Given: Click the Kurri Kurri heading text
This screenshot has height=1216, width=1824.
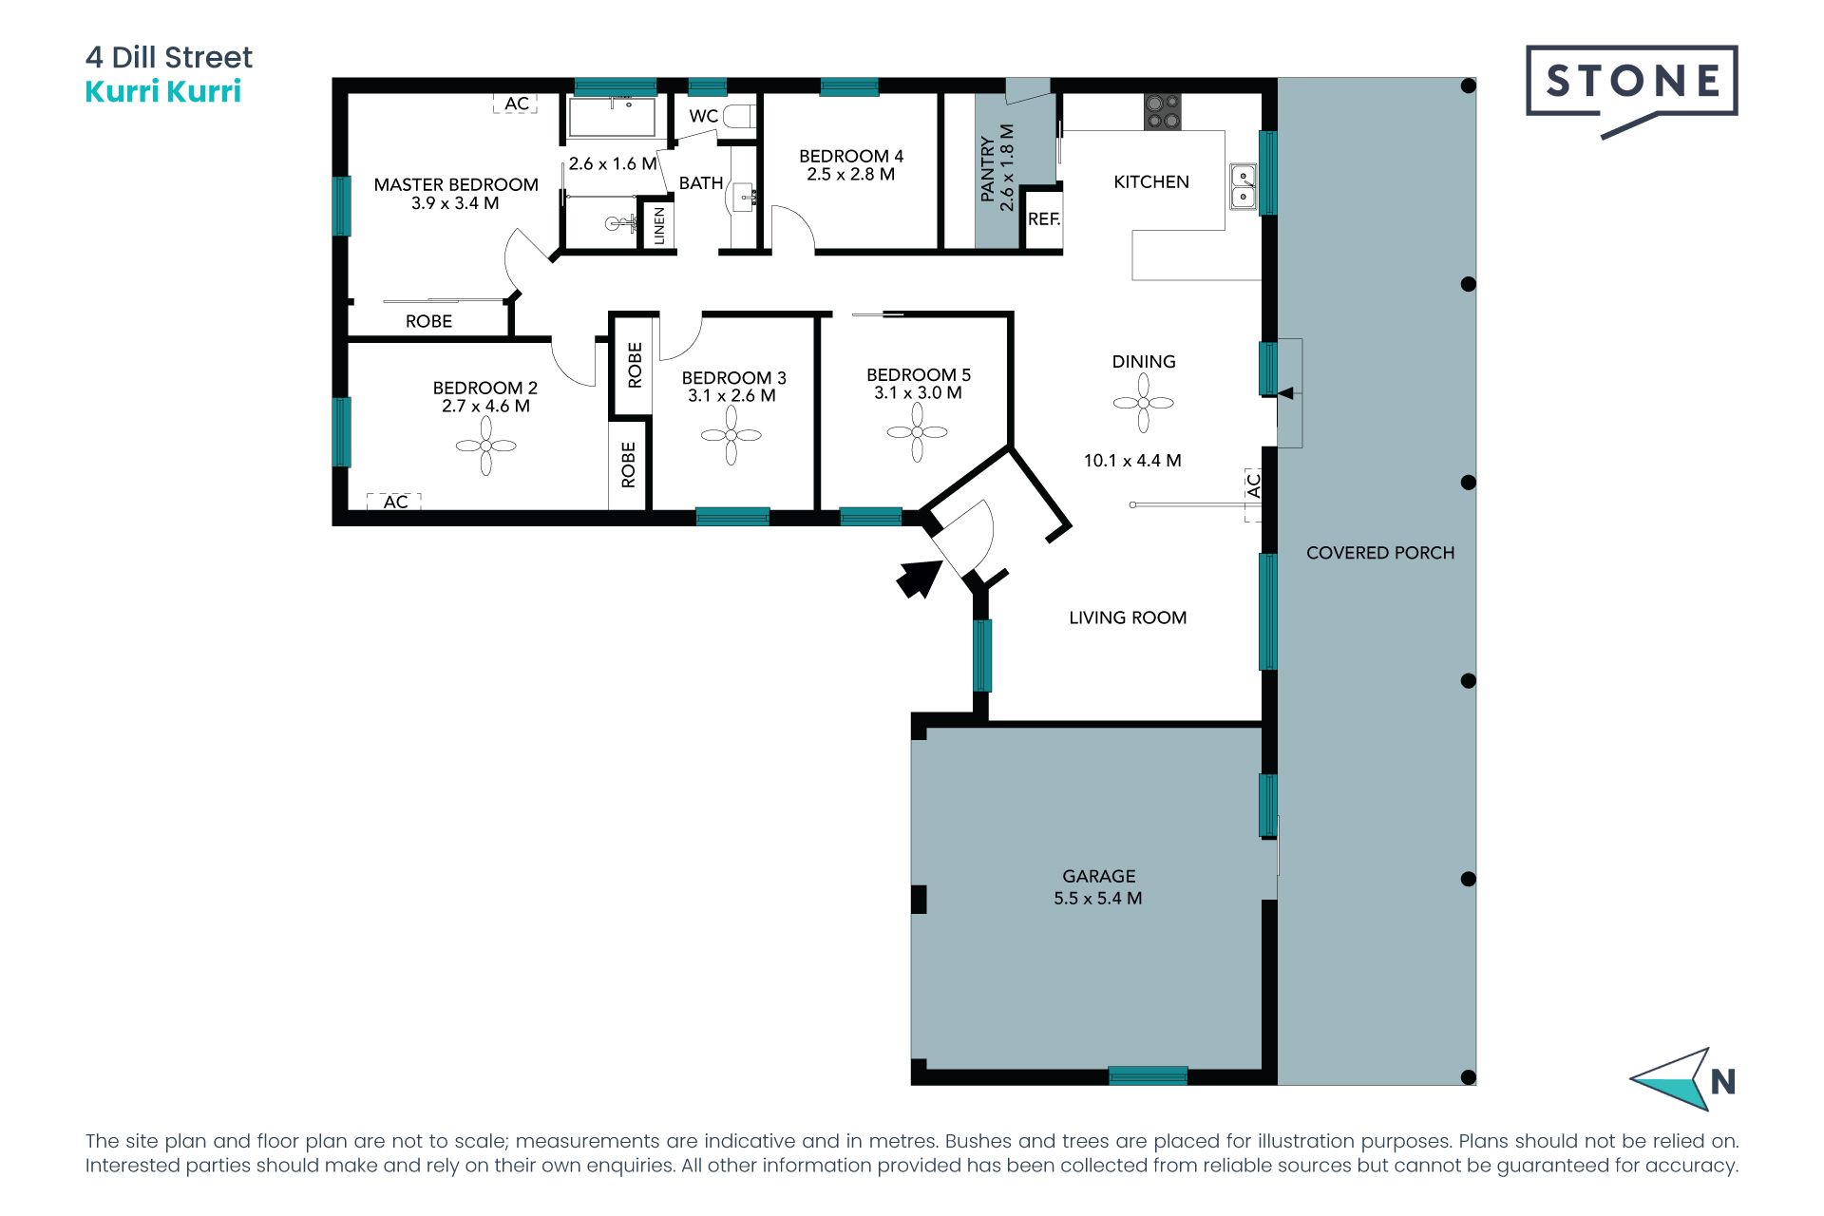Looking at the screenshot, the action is point(163,92).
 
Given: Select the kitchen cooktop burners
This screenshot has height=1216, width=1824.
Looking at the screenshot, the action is point(1162,112).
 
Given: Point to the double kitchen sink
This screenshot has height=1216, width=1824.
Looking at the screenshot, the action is point(1243,186).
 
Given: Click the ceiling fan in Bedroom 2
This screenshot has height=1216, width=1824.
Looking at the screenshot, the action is point(485,446).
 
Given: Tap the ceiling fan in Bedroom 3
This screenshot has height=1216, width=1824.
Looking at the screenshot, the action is point(731,435).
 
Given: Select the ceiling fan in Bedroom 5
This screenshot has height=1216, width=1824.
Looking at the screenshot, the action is point(917,432).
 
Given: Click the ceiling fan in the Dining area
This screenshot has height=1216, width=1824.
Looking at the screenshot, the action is point(1144,403).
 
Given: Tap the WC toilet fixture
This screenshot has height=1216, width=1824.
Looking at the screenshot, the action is point(739,117).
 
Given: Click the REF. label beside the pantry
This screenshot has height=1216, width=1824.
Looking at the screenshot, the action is point(1044,219).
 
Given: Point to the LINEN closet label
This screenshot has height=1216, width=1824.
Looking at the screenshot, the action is point(659,226).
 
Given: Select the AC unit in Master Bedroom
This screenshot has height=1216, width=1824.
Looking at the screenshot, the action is point(516,104).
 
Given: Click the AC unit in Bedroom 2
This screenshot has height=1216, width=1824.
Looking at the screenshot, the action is point(395,502).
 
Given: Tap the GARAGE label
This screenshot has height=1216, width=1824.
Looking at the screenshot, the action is point(1099,876).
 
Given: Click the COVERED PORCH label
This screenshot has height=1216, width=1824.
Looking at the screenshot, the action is point(1380,553).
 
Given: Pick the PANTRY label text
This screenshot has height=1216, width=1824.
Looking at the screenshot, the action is point(988,168).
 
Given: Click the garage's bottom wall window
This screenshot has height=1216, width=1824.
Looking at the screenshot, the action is point(1148,1075).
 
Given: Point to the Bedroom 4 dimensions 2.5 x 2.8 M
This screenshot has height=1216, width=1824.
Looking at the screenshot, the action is point(851,175).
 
